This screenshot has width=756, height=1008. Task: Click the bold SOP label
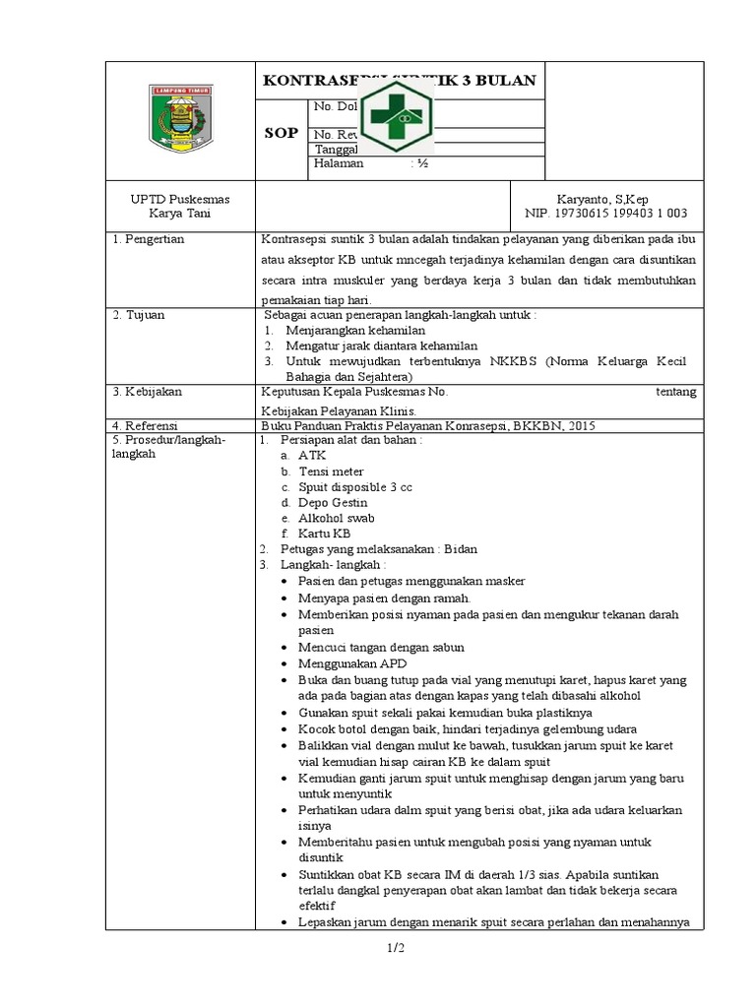click(281, 133)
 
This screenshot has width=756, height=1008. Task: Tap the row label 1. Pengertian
click(149, 239)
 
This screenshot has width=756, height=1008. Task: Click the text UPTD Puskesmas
click(179, 198)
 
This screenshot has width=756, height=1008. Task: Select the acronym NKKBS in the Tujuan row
click(519, 360)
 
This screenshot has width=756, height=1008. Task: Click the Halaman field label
click(339, 164)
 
